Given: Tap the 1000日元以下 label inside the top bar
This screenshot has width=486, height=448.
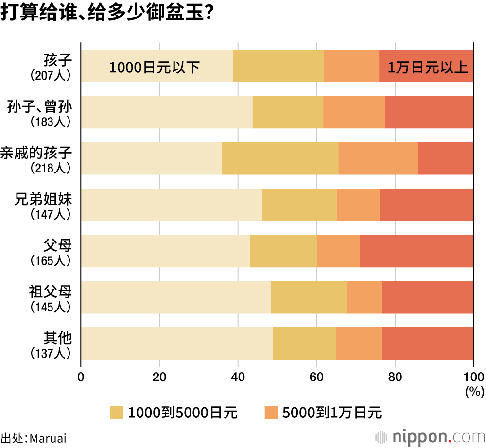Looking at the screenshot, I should click(x=155, y=67).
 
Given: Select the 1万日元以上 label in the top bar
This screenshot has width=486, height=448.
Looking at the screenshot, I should click(x=428, y=67).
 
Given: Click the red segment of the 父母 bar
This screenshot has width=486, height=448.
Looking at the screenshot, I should click(x=417, y=251).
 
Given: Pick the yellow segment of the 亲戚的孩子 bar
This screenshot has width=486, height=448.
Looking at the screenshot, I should click(x=280, y=158).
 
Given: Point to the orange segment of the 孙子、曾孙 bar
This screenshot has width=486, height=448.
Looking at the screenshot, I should click(x=354, y=112).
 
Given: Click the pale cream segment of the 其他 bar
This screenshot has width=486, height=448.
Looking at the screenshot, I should click(x=177, y=344).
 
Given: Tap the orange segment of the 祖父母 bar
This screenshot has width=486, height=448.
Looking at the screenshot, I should click(x=364, y=297).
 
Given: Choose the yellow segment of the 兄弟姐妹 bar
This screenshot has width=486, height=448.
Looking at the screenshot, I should click(x=299, y=205).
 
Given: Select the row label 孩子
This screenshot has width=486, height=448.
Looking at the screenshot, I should click(x=57, y=61).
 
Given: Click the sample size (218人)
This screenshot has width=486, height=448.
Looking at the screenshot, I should click(x=51, y=168).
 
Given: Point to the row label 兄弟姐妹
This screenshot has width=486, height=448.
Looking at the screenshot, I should click(x=43, y=199).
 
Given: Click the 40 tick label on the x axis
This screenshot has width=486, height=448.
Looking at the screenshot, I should click(x=238, y=377).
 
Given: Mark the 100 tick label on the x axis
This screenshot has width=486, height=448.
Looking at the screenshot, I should click(x=473, y=377).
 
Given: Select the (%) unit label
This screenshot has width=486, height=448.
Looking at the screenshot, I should click(x=472, y=391).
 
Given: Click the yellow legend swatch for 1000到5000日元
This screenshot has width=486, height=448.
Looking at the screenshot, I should click(x=117, y=413).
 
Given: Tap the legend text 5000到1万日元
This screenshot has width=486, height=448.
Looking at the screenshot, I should click(x=332, y=413).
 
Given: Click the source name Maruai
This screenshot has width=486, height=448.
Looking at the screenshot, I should click(x=48, y=438).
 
